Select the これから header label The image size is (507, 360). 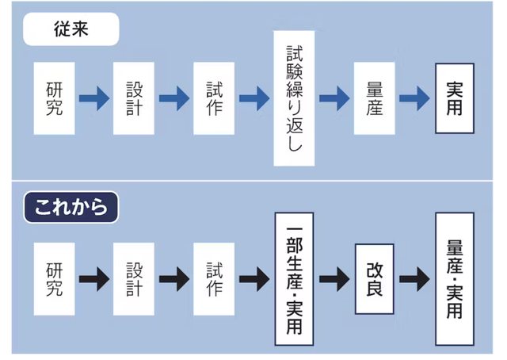click(71, 208)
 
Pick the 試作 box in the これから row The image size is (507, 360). click(214, 278)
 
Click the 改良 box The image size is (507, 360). click(375, 278)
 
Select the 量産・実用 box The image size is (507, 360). click(454, 278)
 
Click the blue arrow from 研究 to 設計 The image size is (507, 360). click(94, 98)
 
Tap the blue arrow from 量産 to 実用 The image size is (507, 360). click(414, 98)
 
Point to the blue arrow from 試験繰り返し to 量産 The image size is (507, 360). click(334, 98)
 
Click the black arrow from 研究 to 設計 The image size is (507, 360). click(94, 278)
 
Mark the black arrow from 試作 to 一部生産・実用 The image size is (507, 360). click(254, 278)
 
